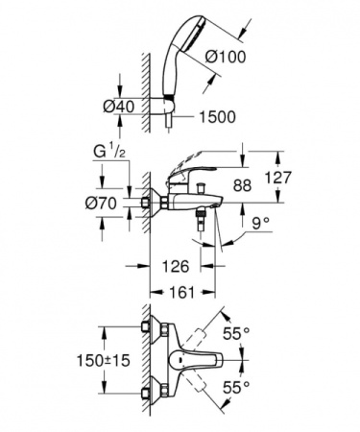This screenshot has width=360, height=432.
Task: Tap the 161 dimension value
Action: (177, 291)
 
